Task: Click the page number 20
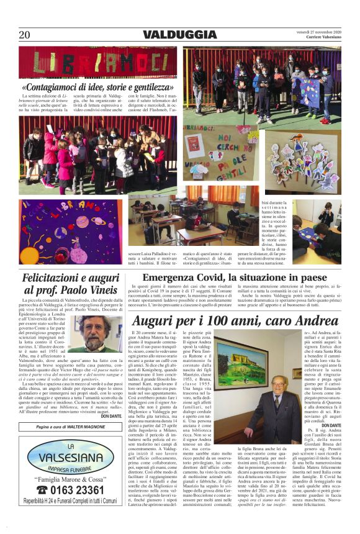[24, 35]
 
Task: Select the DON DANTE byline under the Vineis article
[111, 416]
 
